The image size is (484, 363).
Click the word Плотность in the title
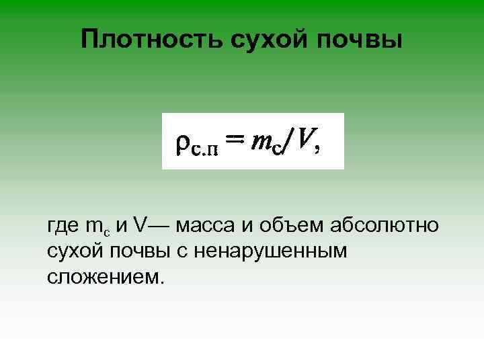click(152, 39)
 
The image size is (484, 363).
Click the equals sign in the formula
click(234, 140)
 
